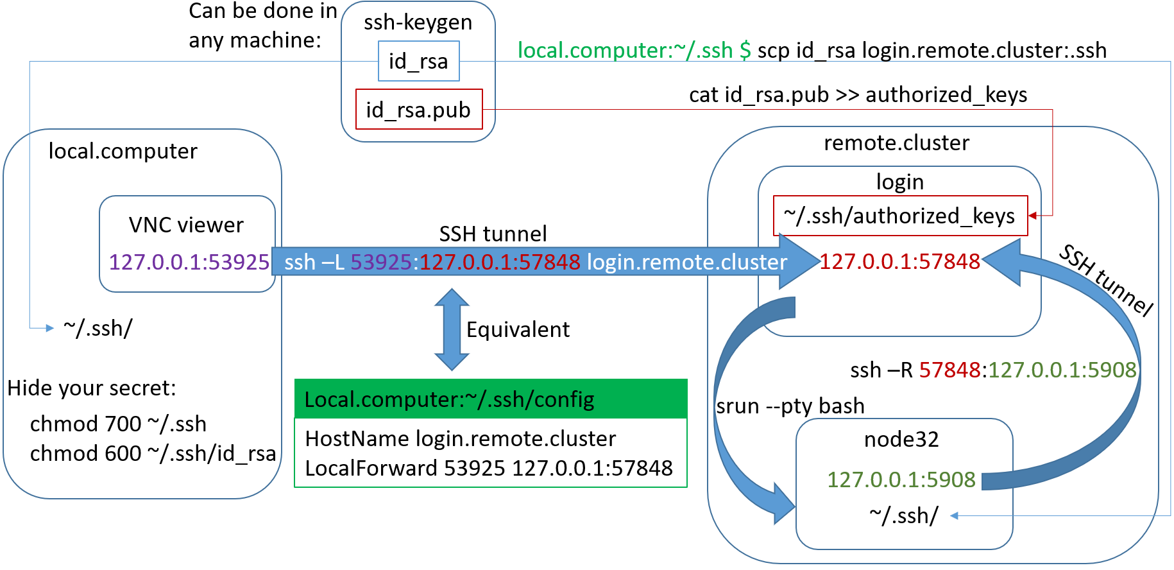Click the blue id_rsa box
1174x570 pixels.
coord(418,61)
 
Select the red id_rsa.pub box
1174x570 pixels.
coord(418,110)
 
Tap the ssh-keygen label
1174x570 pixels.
coord(418,22)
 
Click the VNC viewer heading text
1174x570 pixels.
coord(186,225)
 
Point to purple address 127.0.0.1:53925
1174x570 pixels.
coord(189,262)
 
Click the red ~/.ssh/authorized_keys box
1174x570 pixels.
coord(899,216)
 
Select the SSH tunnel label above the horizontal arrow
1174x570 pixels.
coord(493,234)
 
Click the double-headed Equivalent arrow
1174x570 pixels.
coord(452,329)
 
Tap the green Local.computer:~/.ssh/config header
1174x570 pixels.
coord(490,399)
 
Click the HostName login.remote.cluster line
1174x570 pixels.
coord(460,438)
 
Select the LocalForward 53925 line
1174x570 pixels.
coord(489,468)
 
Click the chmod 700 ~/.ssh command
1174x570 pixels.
coord(118,424)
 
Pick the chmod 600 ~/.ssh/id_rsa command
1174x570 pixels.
coord(153,453)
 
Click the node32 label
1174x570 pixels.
coord(901,439)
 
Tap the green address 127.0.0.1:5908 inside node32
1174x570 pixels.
coord(901,479)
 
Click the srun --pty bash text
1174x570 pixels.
coord(790,406)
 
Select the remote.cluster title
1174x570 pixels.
coord(896,142)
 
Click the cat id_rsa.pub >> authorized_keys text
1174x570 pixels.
coord(858,95)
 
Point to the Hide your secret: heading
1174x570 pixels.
coord(91,388)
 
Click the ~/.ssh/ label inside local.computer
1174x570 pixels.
coord(98,328)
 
